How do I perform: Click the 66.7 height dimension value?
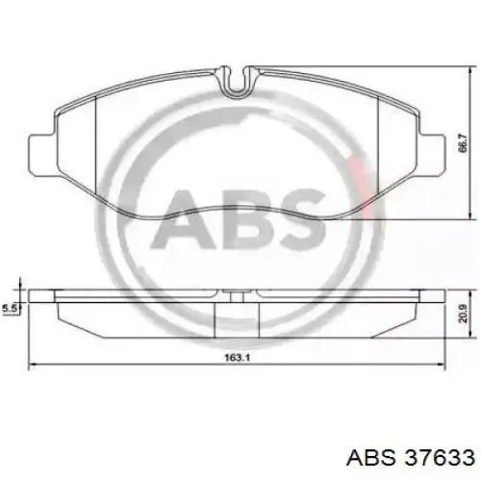465,142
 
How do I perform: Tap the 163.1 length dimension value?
237,358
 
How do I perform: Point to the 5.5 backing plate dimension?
9,309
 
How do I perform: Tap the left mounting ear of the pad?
42,154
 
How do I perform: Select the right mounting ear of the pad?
432,155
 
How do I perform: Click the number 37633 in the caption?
440,458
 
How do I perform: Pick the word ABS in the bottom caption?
371,458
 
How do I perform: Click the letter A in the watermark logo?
183,219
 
